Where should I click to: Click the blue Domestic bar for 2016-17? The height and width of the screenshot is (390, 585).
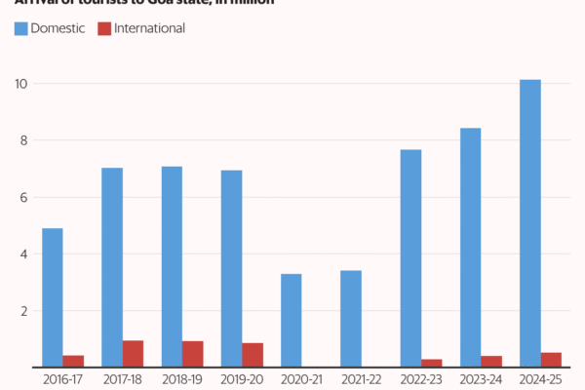53,298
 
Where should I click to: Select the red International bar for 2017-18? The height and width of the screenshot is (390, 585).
134,354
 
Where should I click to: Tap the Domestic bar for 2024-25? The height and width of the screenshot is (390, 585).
530,223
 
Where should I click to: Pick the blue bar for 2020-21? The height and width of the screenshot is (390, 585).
292,321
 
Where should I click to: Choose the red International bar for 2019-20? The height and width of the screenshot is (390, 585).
253,356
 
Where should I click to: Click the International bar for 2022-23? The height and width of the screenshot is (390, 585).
432,364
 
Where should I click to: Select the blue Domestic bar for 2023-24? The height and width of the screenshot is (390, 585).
470,248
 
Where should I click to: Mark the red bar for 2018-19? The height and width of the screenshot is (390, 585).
193,355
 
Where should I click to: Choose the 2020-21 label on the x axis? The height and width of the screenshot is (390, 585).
301,377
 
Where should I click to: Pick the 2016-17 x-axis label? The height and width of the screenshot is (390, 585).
62,377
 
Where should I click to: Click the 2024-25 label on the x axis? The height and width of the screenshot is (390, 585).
540,377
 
